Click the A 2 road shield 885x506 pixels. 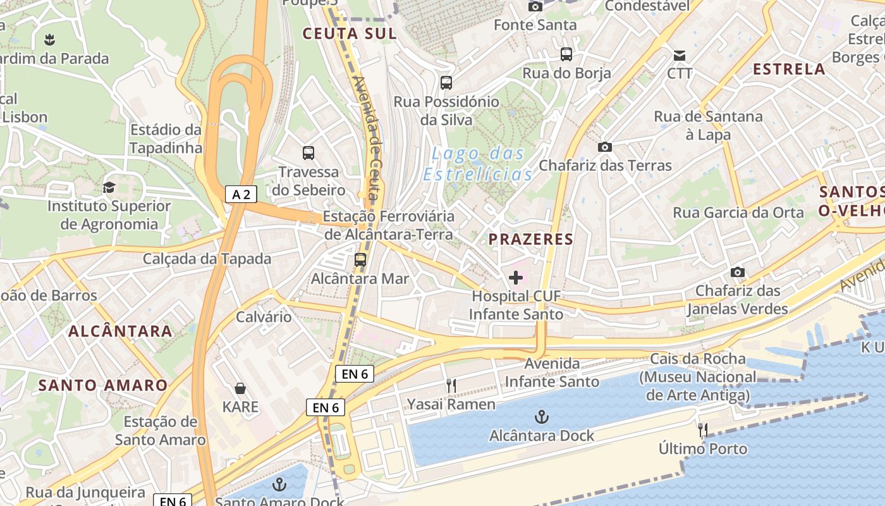241,194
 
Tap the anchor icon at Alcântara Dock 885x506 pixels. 541,417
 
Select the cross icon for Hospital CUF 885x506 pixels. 516,278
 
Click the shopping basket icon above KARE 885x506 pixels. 240,388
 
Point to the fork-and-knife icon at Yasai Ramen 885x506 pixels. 451,386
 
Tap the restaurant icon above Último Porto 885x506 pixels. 702,431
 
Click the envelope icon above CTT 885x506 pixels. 680,55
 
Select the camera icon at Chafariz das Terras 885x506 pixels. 605,147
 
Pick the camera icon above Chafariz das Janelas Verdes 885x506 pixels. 737,273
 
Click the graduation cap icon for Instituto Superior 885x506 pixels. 109,187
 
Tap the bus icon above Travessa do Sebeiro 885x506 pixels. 308,152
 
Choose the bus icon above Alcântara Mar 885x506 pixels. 360,259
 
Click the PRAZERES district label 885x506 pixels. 531,239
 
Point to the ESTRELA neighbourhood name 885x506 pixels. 789,69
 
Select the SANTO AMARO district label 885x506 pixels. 103,385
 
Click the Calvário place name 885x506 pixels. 264,316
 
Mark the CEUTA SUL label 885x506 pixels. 349,33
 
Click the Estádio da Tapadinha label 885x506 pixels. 166,139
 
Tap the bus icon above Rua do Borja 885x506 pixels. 566,54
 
